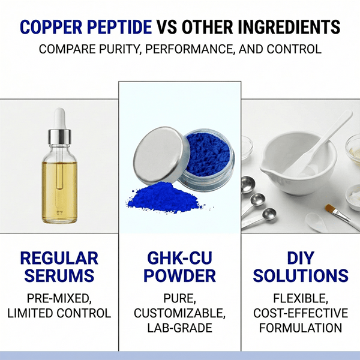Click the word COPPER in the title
pos(53,28)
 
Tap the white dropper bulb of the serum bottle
pos(59,116)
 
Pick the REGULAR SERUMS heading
pos(59,267)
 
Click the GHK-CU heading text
pos(181,259)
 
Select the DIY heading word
pos(301,259)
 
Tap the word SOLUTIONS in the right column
pos(301,276)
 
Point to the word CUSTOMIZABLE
pos(181,313)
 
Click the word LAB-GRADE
pos(181,328)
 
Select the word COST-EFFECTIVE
pos(301,313)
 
